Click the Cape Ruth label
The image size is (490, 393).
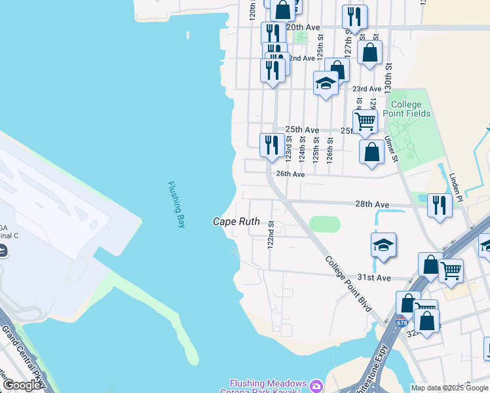(236, 222)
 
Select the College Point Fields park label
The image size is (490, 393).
(411, 109)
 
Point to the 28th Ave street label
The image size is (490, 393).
(373, 204)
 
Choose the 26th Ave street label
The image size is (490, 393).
(290, 174)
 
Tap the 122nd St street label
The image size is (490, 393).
(271, 234)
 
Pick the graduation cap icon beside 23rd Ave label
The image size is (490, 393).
(326, 83)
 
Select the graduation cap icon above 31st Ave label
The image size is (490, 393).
(383, 245)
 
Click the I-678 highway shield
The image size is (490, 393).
(401, 322)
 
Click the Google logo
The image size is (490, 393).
(22, 385)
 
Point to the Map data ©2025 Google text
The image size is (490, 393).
(449, 388)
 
